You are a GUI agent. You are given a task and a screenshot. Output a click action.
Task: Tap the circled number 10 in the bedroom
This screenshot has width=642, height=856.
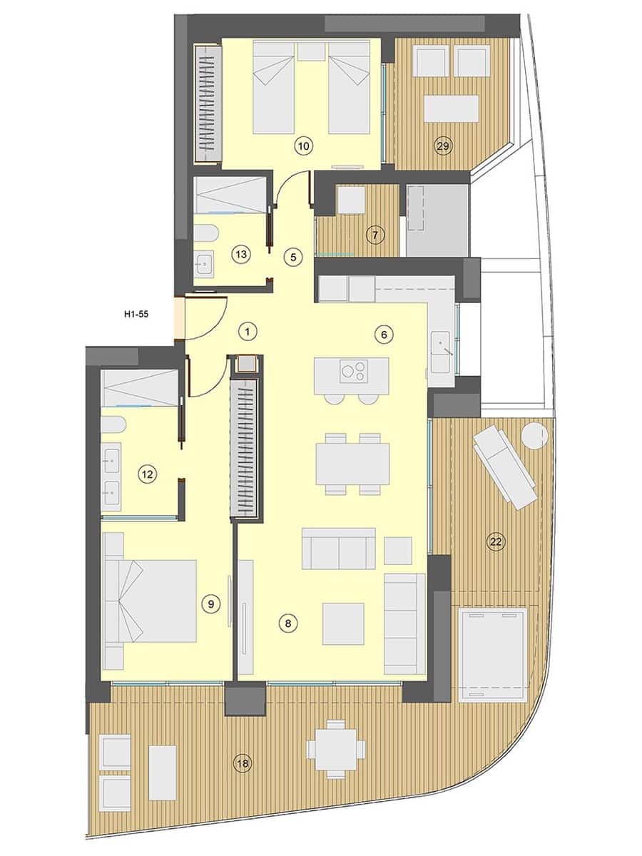point(303,147)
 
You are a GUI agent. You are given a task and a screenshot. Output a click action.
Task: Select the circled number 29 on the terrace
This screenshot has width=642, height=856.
point(443,147)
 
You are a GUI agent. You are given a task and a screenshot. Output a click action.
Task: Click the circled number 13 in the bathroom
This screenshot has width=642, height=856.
point(240,253)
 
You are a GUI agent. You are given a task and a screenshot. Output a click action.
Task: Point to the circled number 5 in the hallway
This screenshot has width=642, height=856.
point(290,257)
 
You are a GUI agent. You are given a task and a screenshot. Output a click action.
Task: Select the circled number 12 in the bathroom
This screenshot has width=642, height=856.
point(148,473)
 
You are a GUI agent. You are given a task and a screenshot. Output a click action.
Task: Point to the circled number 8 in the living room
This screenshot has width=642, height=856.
point(287,623)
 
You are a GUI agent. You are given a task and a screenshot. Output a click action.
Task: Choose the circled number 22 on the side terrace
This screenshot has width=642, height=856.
point(496,542)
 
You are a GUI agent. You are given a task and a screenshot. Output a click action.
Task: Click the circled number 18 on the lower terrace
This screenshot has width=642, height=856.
point(243,764)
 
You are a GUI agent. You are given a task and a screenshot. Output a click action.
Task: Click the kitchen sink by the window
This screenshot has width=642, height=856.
point(442,347)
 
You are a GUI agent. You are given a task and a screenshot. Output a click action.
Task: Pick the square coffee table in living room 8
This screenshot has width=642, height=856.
point(342,623)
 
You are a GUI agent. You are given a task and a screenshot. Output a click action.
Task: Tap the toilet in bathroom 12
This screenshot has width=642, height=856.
point(113,425)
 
